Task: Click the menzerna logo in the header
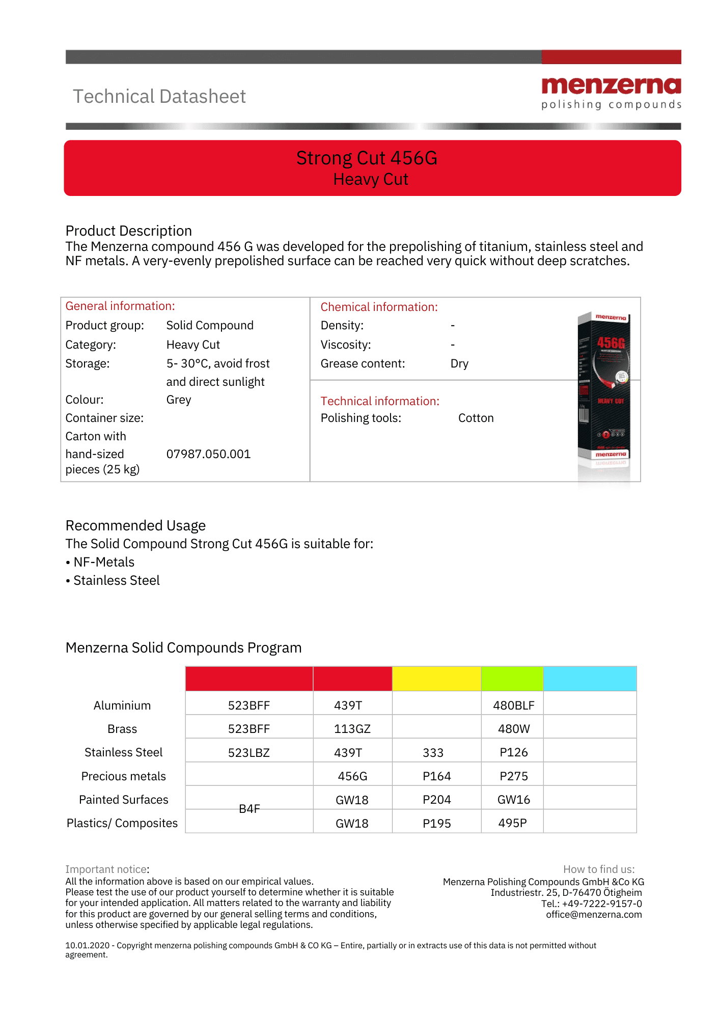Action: tap(611, 93)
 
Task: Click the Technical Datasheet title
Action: tap(159, 97)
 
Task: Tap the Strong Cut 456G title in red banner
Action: tap(367, 158)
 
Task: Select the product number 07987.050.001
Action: tap(208, 454)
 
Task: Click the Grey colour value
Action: tap(179, 400)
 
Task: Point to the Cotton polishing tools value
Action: tap(476, 418)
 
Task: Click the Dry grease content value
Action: tap(459, 363)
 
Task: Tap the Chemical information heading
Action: tap(379, 307)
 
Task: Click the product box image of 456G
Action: tap(604, 392)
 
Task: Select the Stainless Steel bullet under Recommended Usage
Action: tap(117, 580)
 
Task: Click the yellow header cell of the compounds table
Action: tap(436, 678)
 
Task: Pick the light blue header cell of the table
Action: tap(590, 678)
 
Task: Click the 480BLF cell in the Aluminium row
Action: tap(513, 705)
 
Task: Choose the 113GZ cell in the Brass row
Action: tap(352, 729)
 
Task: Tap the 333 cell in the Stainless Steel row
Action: tap(433, 752)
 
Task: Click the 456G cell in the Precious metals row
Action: tap(352, 776)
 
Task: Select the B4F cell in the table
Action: tap(250, 809)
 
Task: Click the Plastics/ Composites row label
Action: tap(122, 823)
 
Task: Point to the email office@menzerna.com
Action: tap(594, 915)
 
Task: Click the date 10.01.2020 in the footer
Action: tap(87, 945)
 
